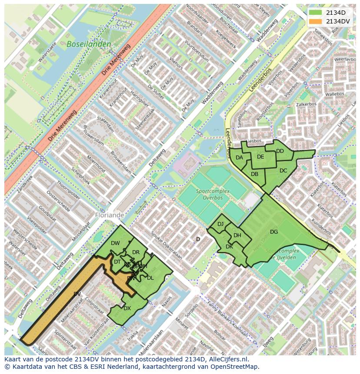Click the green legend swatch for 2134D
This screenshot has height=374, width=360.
tap(316, 13)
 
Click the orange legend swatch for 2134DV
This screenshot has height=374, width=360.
tap(316, 21)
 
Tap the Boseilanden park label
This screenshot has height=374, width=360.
tap(89, 44)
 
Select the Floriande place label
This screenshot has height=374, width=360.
tap(109, 215)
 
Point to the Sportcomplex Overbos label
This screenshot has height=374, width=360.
tap(209, 194)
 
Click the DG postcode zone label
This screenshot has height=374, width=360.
tap(273, 232)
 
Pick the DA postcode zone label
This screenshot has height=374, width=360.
tap(239, 158)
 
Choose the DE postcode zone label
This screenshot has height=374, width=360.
tap(260, 157)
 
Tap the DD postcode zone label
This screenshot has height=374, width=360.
tap(280, 151)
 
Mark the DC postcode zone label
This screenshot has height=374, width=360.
tap(283, 171)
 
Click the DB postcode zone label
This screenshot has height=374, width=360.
tap(255, 174)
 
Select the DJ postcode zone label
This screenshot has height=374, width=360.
tap(220, 224)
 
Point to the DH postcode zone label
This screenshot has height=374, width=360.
tap(237, 235)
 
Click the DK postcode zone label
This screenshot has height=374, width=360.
tap(229, 247)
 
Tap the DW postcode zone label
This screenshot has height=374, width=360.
tap(115, 243)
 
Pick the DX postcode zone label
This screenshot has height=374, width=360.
tap(127, 308)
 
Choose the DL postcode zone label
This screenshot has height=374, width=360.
tap(150, 278)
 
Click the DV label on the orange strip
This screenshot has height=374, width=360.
tap(77, 294)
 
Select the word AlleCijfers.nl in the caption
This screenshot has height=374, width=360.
tap(227, 359)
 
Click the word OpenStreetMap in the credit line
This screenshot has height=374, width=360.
tap(237, 367)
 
